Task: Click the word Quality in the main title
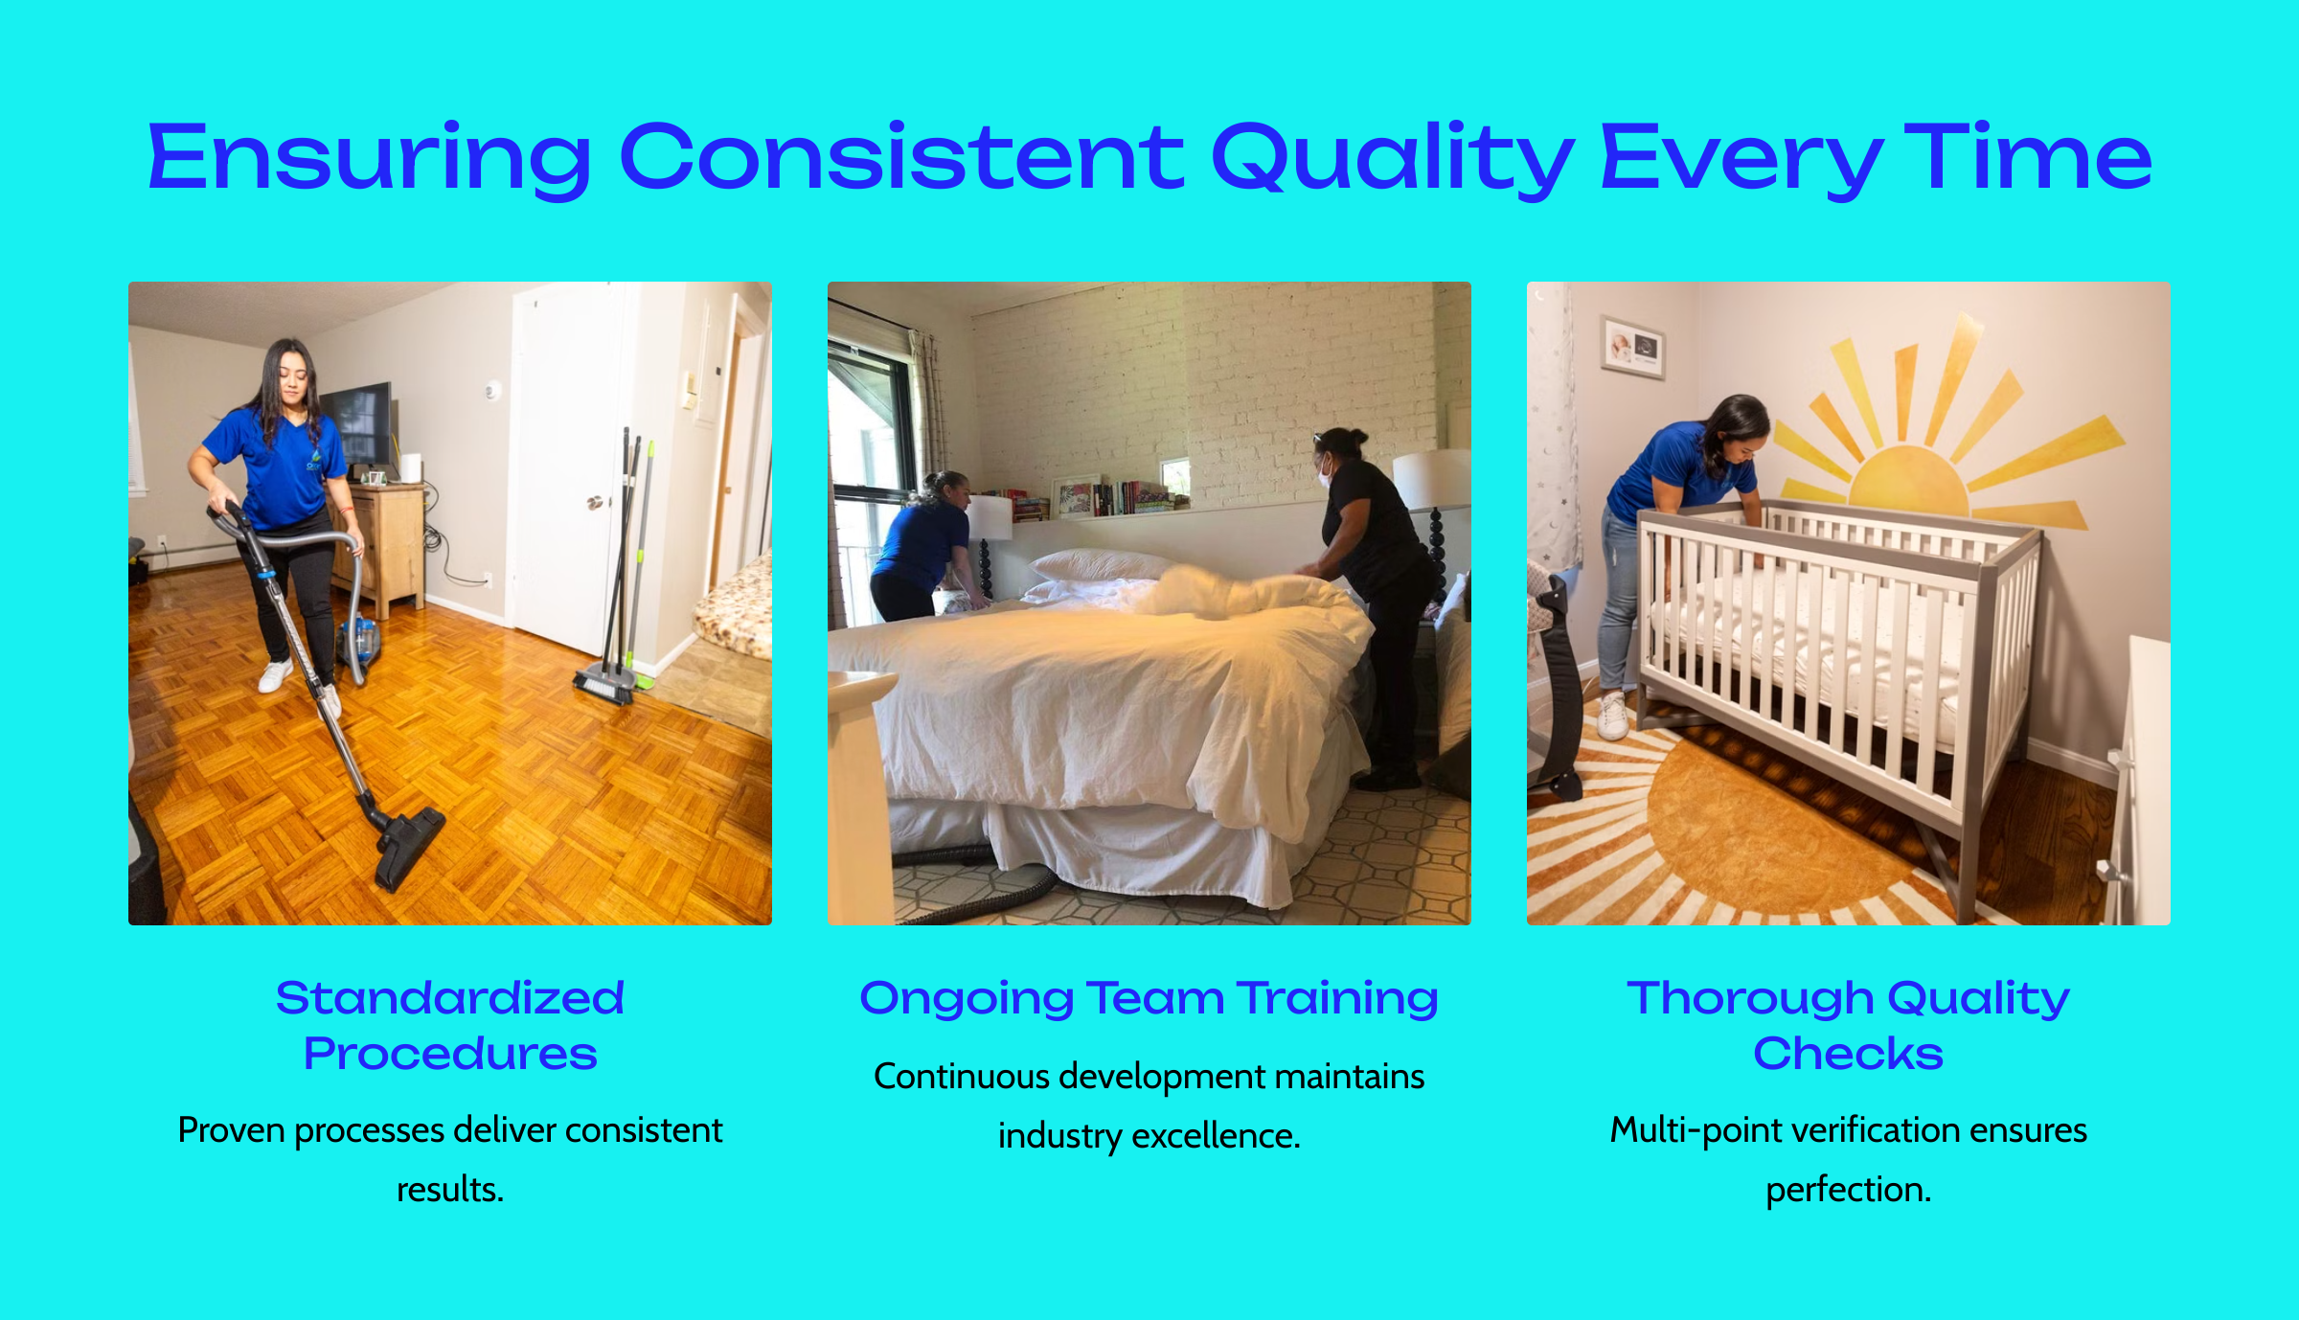[1392, 158]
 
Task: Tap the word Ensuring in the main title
[370, 158]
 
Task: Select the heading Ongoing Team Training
[1149, 999]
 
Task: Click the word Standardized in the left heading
[450, 998]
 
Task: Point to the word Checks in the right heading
[1848, 1054]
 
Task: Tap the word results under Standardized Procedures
[446, 1189]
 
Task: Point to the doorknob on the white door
[595, 502]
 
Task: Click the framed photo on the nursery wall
[1633, 348]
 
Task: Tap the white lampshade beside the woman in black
[1431, 479]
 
